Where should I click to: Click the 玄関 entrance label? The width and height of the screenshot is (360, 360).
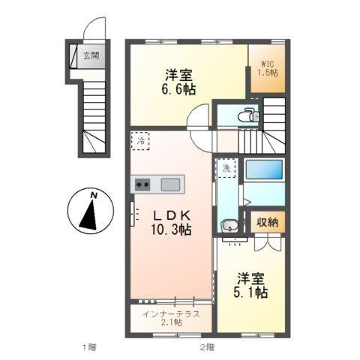click(x=91, y=55)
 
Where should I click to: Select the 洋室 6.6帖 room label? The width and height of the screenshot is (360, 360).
click(x=181, y=80)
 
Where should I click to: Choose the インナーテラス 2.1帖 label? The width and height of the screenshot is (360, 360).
click(x=172, y=317)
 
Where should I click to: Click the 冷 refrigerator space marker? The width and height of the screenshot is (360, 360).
click(x=140, y=140)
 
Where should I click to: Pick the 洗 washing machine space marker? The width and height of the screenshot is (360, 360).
click(x=226, y=169)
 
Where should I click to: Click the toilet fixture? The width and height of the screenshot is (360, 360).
click(x=248, y=115)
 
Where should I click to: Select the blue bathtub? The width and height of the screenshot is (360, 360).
click(x=264, y=169)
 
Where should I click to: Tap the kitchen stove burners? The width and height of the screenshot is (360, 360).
click(x=142, y=184)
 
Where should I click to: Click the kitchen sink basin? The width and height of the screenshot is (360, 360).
click(x=170, y=184)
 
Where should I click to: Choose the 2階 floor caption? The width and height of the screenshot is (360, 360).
click(x=207, y=347)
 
